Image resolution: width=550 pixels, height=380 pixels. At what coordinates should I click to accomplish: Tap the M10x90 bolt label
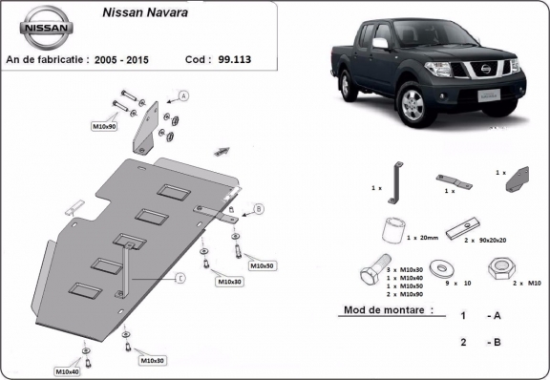tap(104, 126)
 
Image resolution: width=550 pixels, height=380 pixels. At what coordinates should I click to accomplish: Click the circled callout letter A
tap(183, 95)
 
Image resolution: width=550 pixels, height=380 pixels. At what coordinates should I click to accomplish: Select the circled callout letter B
tap(259, 207)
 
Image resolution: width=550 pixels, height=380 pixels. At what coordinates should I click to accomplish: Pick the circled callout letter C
tap(179, 280)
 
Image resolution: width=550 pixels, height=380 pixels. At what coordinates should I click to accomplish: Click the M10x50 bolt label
tap(262, 264)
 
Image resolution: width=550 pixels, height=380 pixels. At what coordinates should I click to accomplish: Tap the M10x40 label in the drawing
tap(68, 369)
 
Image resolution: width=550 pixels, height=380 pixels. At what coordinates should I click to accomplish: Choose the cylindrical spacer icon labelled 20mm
tap(391, 231)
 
